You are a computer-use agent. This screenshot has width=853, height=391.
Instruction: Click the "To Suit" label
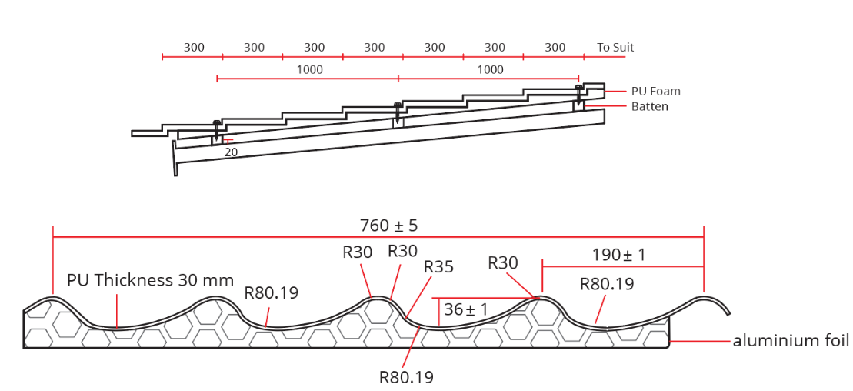click(615, 48)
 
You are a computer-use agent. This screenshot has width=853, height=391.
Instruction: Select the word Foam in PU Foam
click(666, 91)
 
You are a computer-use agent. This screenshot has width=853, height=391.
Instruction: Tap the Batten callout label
click(650, 107)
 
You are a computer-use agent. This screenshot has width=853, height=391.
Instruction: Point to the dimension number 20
click(231, 152)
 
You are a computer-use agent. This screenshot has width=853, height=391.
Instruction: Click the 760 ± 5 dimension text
click(388, 226)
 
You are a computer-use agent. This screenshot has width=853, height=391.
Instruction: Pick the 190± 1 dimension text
click(619, 255)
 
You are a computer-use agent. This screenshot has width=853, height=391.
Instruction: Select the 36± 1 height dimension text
click(466, 309)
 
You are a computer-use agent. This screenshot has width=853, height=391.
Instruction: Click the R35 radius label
click(438, 267)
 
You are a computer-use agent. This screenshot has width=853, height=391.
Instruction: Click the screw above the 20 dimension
click(217, 129)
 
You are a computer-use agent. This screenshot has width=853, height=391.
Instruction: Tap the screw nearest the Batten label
click(578, 95)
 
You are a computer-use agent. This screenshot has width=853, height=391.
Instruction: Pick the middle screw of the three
click(397, 112)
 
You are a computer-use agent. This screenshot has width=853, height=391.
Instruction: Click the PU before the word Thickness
click(78, 280)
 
